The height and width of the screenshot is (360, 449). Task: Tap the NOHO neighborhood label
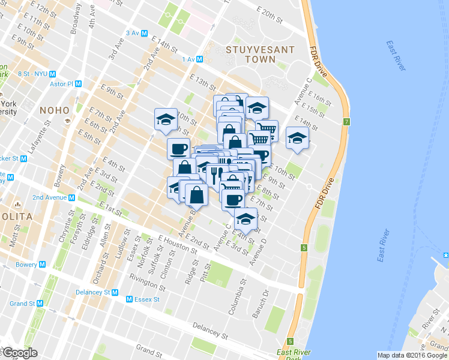coord(55,110)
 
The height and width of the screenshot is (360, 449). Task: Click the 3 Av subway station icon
coord(145,33)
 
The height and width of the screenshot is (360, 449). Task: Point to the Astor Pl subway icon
coord(77,85)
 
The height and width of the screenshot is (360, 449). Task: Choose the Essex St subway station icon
coord(129,299)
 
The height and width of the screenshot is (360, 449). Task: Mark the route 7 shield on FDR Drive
coord(346,122)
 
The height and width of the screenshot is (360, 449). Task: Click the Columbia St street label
coord(236,298)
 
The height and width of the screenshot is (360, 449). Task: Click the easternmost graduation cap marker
coord(297,138)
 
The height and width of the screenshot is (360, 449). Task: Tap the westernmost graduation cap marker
coord(166,118)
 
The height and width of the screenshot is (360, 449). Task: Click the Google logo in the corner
coord(19,353)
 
